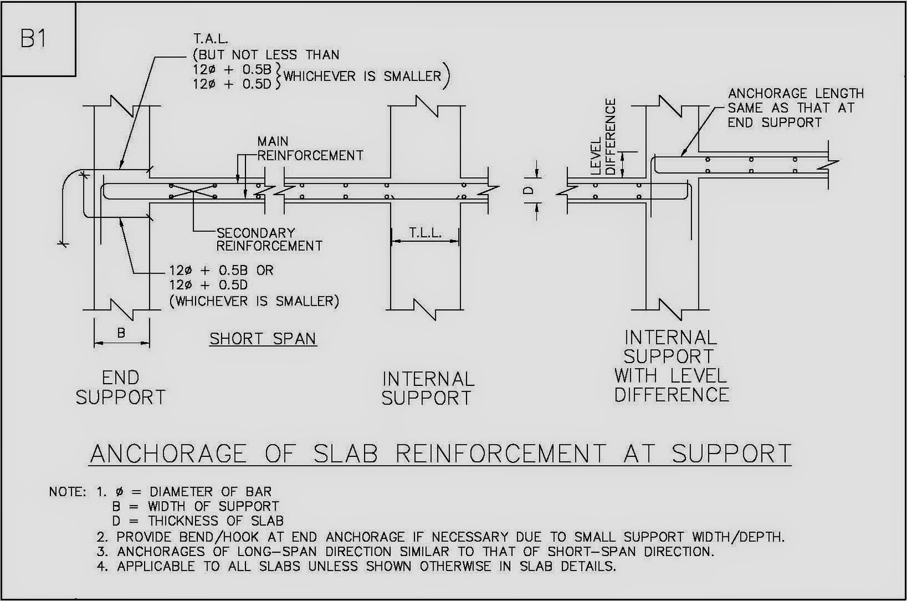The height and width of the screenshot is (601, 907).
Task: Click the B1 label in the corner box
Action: click(33, 40)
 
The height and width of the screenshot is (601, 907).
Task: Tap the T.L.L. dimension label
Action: click(425, 233)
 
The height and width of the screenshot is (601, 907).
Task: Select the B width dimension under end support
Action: click(121, 333)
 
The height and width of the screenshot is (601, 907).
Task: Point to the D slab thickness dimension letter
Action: click(528, 192)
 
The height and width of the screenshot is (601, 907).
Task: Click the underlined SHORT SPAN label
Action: click(262, 339)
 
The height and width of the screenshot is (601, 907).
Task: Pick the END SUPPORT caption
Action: click(120, 388)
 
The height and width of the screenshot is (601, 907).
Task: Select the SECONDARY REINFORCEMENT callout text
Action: click(269, 239)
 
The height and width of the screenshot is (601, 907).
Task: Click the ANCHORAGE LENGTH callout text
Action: click(795, 108)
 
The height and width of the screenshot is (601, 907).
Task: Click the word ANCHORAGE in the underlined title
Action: click(168, 453)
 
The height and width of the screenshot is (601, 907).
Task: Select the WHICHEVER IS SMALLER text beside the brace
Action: click(362, 77)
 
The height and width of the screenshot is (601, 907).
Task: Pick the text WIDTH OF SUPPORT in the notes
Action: click(214, 506)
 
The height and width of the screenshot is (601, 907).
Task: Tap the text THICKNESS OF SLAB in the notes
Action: click(216, 521)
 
